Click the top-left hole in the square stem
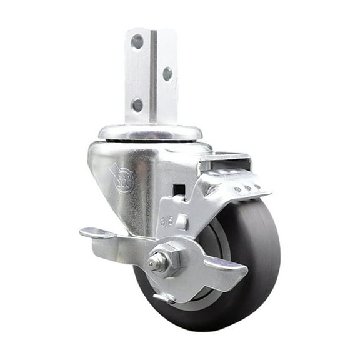[137, 42]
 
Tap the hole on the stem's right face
[167, 74]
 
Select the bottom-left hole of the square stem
[137, 104]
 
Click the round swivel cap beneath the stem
[150, 132]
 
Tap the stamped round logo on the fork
[122, 179]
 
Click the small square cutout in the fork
[179, 189]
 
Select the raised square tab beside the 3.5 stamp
[181, 222]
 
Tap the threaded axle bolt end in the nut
[153, 263]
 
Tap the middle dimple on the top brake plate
[246, 187]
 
